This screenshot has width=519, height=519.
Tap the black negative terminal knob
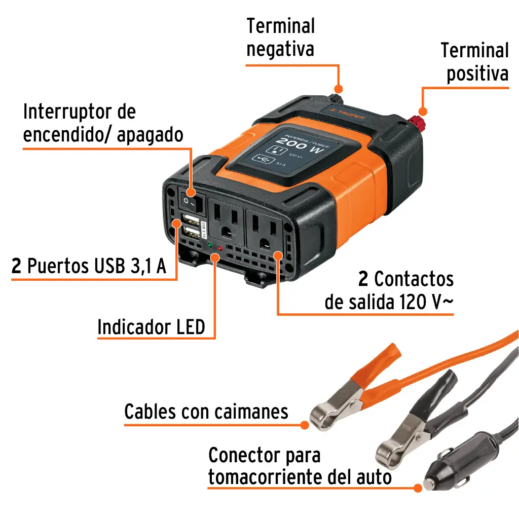pos(336,97)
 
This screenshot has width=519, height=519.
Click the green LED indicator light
pos(209,245)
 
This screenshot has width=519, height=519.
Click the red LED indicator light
pos(220,248)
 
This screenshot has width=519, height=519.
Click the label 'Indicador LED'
pos(151,327)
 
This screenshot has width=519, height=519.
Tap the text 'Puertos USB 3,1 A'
pos(96,266)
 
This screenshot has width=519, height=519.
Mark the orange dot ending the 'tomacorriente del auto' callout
pos(418,488)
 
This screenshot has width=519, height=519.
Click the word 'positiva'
pos(477,74)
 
